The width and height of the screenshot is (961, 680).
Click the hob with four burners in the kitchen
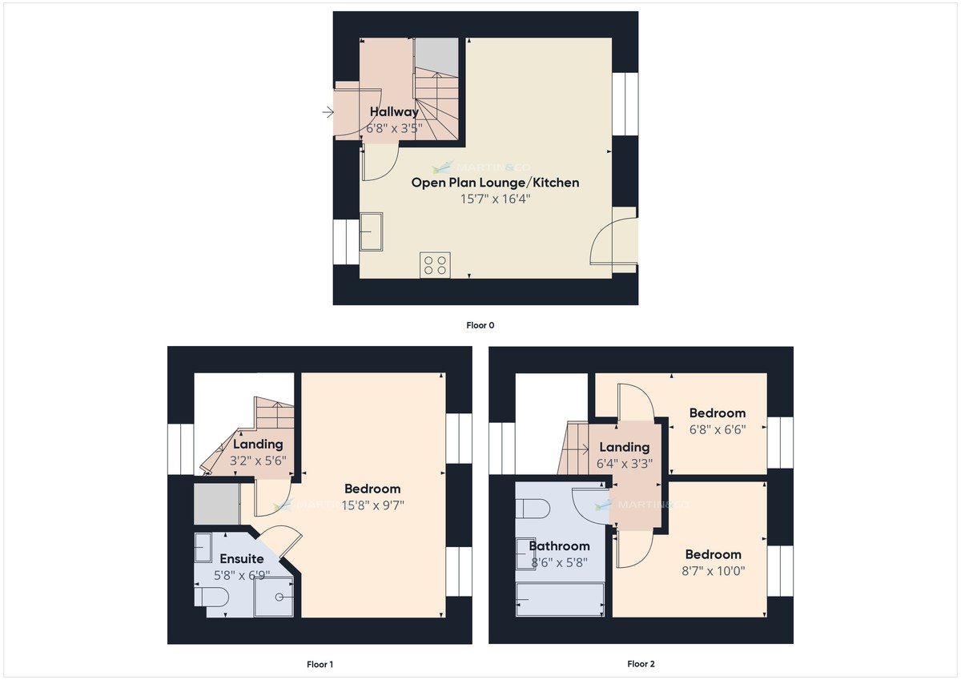[x=436, y=265]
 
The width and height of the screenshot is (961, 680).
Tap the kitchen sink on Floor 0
[x=371, y=231]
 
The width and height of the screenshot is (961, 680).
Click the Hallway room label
[x=393, y=112]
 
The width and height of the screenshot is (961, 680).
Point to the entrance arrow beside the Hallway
[x=328, y=113]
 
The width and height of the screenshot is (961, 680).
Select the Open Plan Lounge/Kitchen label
[x=495, y=183]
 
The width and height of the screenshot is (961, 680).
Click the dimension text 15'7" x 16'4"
[x=495, y=199]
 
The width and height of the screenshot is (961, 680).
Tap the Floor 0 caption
[x=480, y=325]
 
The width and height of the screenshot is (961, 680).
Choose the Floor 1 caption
[x=320, y=664]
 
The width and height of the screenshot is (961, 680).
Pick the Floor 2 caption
[x=641, y=664]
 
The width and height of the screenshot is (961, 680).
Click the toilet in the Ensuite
[x=212, y=597]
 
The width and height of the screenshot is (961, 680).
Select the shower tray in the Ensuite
[x=274, y=597]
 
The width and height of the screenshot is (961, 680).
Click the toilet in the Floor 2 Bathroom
[x=532, y=509]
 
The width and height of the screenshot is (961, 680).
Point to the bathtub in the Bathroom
[x=560, y=599]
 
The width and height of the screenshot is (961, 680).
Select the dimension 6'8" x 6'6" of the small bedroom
[x=718, y=429]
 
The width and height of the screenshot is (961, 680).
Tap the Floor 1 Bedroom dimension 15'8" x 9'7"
[x=372, y=505]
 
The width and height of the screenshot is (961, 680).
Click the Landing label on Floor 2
[x=624, y=447]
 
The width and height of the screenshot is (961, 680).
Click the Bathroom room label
[x=559, y=546]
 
